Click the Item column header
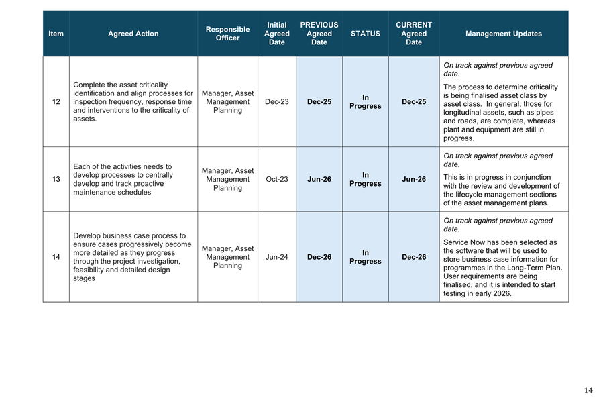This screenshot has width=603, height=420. click(x=56, y=34)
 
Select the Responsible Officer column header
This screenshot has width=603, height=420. click(x=227, y=34)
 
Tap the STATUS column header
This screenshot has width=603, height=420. click(x=365, y=34)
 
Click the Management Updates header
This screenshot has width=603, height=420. click(x=503, y=34)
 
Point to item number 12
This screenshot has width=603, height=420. click(x=56, y=102)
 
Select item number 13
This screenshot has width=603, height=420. click(x=56, y=179)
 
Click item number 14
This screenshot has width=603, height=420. click(x=56, y=257)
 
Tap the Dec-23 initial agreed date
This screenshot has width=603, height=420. click(x=277, y=102)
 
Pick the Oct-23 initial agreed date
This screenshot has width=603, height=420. click(x=277, y=179)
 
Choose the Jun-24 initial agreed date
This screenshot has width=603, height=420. click(x=277, y=257)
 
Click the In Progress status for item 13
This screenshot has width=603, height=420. click(x=365, y=179)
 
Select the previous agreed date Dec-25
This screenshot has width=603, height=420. click(x=319, y=102)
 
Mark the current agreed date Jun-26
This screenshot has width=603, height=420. click(x=414, y=179)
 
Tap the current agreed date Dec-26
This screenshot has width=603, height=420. click(x=414, y=257)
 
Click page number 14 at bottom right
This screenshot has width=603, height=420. click(x=588, y=390)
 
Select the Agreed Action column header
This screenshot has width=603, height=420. click(x=133, y=34)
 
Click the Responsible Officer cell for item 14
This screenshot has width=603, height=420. click(x=227, y=257)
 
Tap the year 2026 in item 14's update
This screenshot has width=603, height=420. click(x=500, y=293)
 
